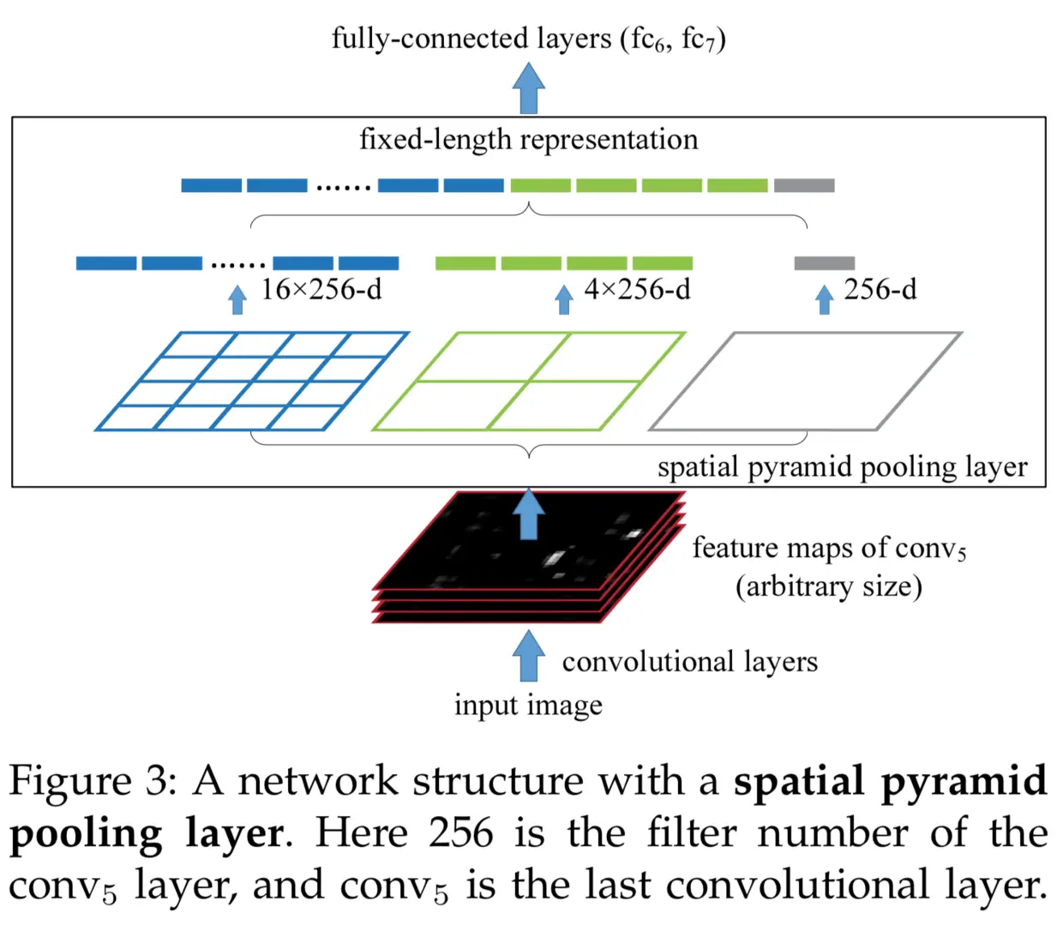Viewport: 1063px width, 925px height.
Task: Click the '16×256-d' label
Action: pyautogui.click(x=321, y=290)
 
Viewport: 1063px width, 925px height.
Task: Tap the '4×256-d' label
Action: pyautogui.click(x=637, y=290)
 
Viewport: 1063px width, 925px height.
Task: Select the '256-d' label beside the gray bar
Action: pyautogui.click(x=880, y=290)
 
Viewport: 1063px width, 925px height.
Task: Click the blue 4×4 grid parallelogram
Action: pyautogui.click(x=252, y=381)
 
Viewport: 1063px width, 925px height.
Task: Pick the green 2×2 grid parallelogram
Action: pyautogui.click(x=529, y=381)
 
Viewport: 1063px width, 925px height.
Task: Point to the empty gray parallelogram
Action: pyautogui.click(x=806, y=381)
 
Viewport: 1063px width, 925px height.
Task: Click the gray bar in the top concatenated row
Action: pyautogui.click(x=804, y=185)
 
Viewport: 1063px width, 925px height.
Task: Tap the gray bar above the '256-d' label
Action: pyautogui.click(x=824, y=263)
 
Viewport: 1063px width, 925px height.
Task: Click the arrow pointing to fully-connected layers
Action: pyautogui.click(x=529, y=88)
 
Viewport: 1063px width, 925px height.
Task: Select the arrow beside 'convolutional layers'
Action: pyautogui.click(x=529, y=656)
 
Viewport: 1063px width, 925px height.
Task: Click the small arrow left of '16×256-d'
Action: pyautogui.click(x=237, y=299)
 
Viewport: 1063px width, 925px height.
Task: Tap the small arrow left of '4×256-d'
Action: pyautogui.click(x=563, y=299)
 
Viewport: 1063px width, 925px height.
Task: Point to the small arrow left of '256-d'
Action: pyautogui.click(x=824, y=299)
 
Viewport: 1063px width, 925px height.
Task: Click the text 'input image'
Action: pyautogui.click(x=528, y=705)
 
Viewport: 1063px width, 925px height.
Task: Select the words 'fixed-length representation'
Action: pyautogui.click(x=528, y=139)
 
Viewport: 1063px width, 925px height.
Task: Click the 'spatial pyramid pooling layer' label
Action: pyautogui.click(x=842, y=467)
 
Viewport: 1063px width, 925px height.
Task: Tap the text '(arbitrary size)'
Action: pyautogui.click(x=828, y=586)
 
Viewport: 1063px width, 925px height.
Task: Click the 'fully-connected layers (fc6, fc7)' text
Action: pyautogui.click(x=528, y=39)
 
